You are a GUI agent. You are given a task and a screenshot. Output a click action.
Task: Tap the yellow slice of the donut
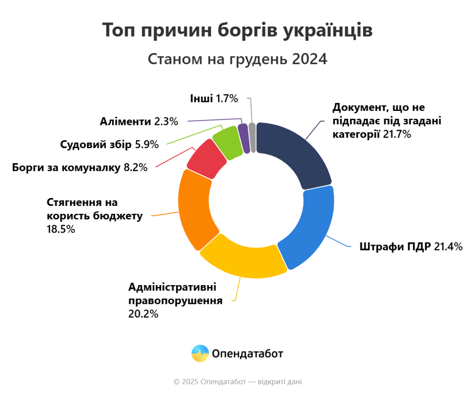(x=243, y=256)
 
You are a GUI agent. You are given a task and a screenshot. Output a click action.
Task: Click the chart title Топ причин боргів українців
(x=237, y=31)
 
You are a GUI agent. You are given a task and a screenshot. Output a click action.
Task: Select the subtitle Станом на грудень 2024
(x=237, y=59)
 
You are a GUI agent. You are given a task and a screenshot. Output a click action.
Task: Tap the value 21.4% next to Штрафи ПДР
(x=448, y=247)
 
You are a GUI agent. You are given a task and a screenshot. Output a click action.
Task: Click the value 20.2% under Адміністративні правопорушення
(x=144, y=314)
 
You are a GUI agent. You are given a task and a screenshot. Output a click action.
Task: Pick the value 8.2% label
(x=135, y=167)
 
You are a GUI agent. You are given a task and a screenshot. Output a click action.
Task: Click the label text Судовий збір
(x=96, y=144)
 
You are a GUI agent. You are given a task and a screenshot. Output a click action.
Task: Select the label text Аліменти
(x=125, y=121)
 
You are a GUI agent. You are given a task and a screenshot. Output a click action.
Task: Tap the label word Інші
(x=202, y=98)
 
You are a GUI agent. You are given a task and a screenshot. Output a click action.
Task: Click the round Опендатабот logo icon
(x=200, y=353)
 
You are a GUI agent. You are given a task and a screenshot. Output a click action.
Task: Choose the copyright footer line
(x=237, y=381)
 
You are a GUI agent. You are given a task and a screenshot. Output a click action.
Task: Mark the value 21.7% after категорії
(x=397, y=133)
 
